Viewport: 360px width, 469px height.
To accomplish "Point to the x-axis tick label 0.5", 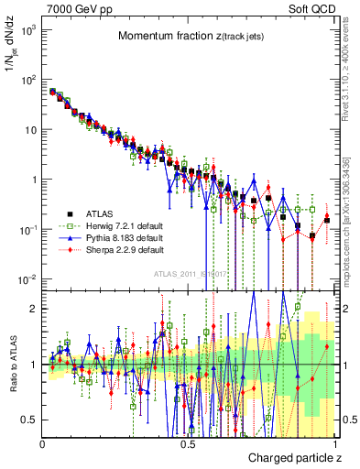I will click(x=188, y=443).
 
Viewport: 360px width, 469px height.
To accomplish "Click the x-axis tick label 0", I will click(x=42, y=443).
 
